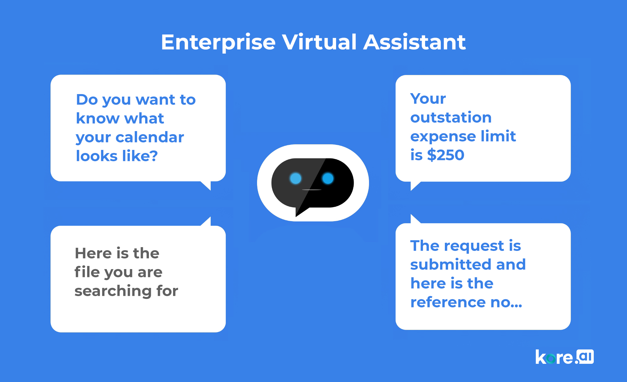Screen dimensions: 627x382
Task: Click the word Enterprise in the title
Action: pyautogui.click(x=218, y=43)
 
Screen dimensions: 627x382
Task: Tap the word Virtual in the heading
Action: pyautogui.click(x=319, y=42)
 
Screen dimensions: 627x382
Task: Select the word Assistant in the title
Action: pyautogui.click(x=414, y=42)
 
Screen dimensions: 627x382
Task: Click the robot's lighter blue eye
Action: pyautogui.click(x=295, y=178)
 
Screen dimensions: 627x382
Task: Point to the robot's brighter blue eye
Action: pyautogui.click(x=328, y=178)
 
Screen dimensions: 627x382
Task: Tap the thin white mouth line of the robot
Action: pyautogui.click(x=312, y=190)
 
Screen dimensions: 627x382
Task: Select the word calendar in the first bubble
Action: pyautogui.click(x=150, y=137)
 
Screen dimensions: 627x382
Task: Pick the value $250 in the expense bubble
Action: pyautogui.click(x=445, y=155)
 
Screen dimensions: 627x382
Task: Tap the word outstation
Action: pyautogui.click(x=451, y=118)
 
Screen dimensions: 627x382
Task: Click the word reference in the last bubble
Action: pyautogui.click(x=448, y=302)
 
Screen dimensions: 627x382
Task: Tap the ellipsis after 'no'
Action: pyautogui.click(x=516, y=306)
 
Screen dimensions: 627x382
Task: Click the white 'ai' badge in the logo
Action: pyautogui.click(x=585, y=357)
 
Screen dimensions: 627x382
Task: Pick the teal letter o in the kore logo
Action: pyautogui.click(x=551, y=358)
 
